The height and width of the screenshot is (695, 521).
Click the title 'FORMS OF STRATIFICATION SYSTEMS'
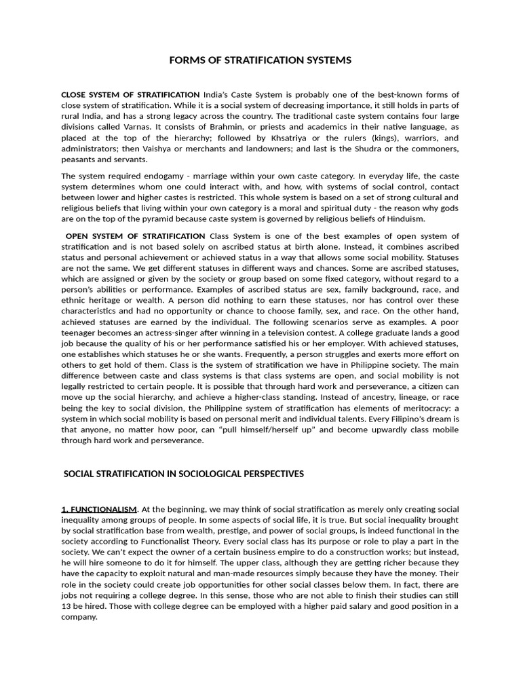coord(260,60)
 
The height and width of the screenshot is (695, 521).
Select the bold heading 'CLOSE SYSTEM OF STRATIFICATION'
coord(130,94)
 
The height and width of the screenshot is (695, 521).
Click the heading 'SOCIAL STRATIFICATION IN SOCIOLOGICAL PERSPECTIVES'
coord(183,474)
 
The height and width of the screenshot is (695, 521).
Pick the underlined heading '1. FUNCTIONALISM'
coord(99,509)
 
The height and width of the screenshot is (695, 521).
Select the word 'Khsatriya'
coord(290,138)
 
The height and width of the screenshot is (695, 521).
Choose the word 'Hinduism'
coord(404,219)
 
